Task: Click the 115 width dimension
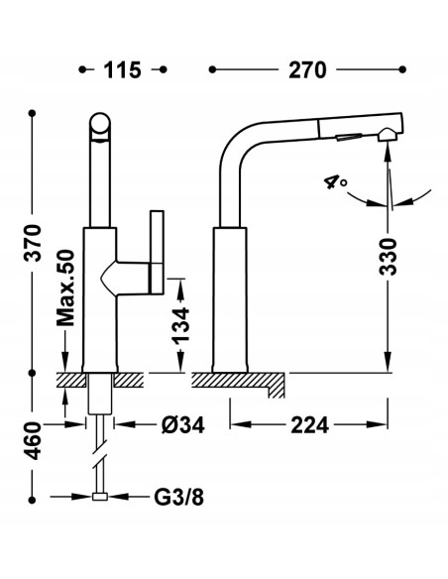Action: point(122,70)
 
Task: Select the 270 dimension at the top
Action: point(307,70)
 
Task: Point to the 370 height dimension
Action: point(34,243)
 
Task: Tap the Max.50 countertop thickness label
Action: point(65,289)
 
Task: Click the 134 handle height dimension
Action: point(180,325)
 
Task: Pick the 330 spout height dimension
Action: point(388,257)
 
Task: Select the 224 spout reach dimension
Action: point(309,425)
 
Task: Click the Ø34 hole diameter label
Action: point(183,425)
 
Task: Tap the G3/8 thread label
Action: point(178,498)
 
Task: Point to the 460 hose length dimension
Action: point(34,440)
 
